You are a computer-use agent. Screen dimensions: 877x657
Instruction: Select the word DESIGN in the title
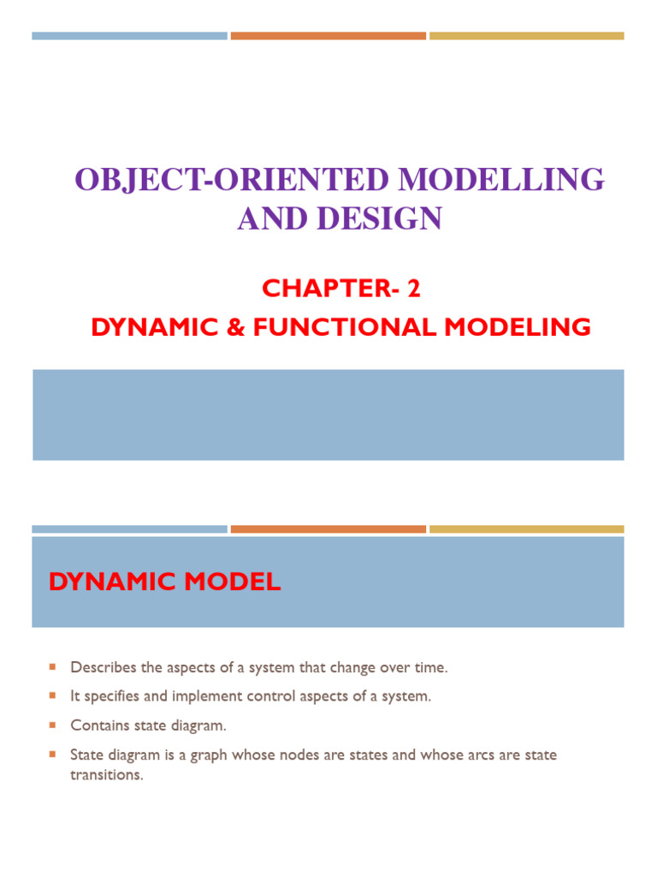389,219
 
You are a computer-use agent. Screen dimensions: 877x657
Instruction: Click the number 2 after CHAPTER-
414,289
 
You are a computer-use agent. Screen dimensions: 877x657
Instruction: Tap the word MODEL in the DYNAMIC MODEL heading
232,582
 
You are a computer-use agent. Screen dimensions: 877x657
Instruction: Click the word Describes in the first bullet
100,666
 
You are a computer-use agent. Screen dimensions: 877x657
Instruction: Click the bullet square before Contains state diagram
52,725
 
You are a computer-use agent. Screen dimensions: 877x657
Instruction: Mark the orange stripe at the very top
328,36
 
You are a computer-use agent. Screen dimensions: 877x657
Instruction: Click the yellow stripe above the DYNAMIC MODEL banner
526,529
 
